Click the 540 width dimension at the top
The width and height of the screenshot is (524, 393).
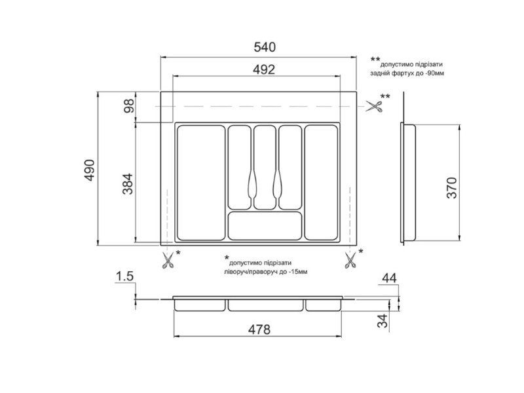click(x=265, y=47)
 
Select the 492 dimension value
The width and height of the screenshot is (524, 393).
click(x=264, y=69)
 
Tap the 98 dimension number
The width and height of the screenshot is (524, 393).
click(x=129, y=106)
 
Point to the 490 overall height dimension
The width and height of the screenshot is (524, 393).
click(x=90, y=170)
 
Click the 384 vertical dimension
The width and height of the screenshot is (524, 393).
click(x=128, y=184)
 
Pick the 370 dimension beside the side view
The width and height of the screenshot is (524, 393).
click(x=451, y=188)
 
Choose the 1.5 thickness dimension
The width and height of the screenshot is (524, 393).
click(x=124, y=276)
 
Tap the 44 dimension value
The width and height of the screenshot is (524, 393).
click(x=389, y=278)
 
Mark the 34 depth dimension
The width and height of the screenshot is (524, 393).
click(x=383, y=321)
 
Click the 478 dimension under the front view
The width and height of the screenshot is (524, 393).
click(x=259, y=330)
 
